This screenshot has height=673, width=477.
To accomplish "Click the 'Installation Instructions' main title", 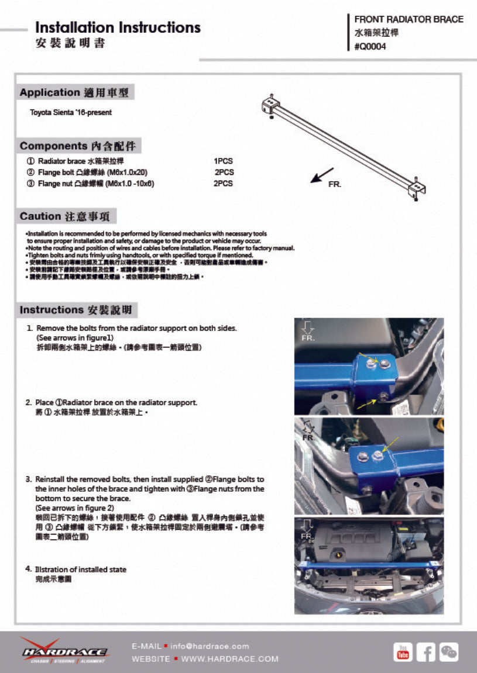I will click(118, 27).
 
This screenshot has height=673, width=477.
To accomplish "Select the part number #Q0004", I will click(370, 47).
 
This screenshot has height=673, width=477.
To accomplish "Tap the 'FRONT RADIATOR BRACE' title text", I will click(409, 19).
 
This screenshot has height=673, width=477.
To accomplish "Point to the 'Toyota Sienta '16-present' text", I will click(71, 112).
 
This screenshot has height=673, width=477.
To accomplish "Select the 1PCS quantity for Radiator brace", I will click(223, 161).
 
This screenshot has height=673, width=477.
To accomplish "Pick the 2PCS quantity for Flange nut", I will click(223, 184).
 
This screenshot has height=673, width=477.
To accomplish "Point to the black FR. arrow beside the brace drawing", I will click(321, 176).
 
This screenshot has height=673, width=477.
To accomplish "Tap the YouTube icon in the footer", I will click(403, 651).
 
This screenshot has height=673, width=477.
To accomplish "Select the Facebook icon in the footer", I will click(426, 651).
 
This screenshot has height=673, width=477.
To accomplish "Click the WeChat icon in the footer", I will click(449, 651).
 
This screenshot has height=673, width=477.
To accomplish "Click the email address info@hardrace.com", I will click(210, 646).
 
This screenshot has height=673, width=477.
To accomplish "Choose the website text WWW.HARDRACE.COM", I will click(229, 659).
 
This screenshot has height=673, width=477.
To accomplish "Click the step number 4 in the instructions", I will click(28, 569).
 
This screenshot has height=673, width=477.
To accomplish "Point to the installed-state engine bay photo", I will click(369, 565).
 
